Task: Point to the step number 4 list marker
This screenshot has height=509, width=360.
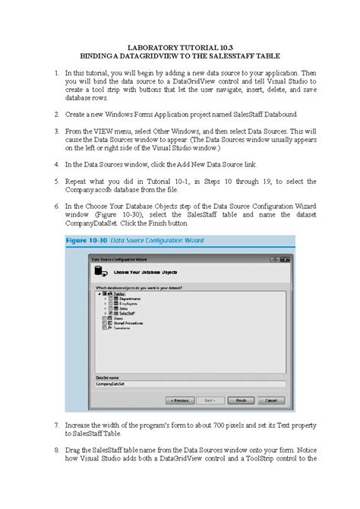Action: [x=57, y=163]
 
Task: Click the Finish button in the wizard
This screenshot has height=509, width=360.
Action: [x=241, y=400]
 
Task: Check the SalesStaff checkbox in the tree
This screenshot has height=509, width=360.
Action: [x=110, y=313]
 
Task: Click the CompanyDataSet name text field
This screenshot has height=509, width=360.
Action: [x=190, y=384]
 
